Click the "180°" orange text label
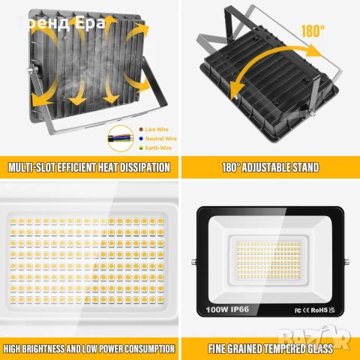314,31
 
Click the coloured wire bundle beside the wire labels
120,139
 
